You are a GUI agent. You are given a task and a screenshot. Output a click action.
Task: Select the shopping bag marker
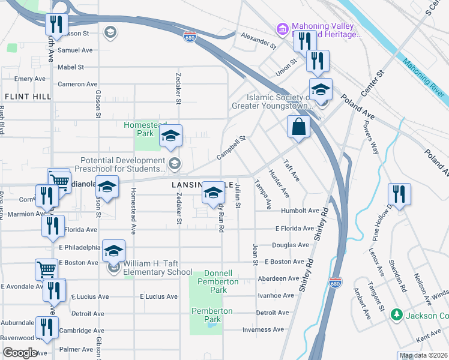pyautogui.click(x=298, y=127)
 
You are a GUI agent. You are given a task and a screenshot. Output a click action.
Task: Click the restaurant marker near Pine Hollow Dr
pyautogui.click(x=399, y=194)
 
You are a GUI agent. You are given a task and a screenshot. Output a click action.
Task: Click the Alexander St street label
pyautogui.click(x=258, y=41)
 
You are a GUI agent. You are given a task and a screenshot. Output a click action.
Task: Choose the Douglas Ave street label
pyautogui.click(x=290, y=245)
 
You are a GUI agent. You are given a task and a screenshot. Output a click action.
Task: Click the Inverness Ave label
pyautogui.click(x=263, y=329)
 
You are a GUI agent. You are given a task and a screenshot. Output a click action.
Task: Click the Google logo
pyautogui.click(x=20, y=353)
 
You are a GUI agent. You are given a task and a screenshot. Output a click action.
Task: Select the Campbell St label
pyautogui.click(x=231, y=147)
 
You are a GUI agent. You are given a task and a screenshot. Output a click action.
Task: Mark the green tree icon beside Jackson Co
pyautogui.click(x=396, y=314)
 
